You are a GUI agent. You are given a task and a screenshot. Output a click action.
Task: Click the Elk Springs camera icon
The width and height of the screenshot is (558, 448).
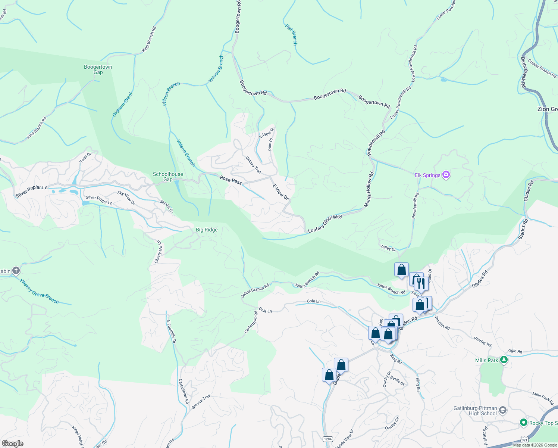tap(446, 175)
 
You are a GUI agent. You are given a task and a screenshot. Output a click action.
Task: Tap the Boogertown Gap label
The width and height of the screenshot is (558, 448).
tap(98, 69)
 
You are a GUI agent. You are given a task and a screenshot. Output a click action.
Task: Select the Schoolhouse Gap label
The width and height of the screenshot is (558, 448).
tap(168, 177)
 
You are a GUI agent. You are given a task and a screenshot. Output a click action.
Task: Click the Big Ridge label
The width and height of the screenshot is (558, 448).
tap(207, 230)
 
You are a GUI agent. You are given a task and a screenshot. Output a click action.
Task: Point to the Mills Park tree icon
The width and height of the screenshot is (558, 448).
tap(504, 360)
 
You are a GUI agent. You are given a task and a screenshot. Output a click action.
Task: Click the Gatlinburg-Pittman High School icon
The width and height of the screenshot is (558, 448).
tap(502, 411)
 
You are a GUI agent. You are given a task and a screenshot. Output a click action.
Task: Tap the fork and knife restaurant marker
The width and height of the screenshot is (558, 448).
tap(420, 283)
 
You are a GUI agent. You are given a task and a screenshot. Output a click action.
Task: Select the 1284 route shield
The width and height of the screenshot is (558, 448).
tap(328, 439)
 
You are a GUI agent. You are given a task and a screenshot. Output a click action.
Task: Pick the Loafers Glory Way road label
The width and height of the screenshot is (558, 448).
tap(325, 224)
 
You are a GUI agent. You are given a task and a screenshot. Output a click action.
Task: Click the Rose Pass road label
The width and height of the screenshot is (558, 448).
tap(231, 180)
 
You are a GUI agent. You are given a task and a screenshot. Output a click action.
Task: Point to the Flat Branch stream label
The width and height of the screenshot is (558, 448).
tap(291, 35)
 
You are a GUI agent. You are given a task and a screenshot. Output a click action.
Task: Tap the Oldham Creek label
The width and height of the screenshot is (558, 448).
tap(123, 104)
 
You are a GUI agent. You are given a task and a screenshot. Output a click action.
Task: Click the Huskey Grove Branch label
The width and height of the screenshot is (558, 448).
tap(40, 291)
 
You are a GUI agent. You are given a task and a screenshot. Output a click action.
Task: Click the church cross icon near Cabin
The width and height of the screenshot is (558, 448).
tap(16, 271)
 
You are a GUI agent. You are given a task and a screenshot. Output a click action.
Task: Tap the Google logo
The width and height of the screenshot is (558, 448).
tap(12, 444)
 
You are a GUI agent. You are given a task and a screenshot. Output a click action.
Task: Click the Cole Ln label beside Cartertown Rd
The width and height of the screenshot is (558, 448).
tap(265, 311)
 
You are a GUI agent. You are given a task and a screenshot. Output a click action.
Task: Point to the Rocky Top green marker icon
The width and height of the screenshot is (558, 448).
tap(523, 423)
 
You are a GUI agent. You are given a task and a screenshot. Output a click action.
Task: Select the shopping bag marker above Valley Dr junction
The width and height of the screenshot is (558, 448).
tap(401, 270)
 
